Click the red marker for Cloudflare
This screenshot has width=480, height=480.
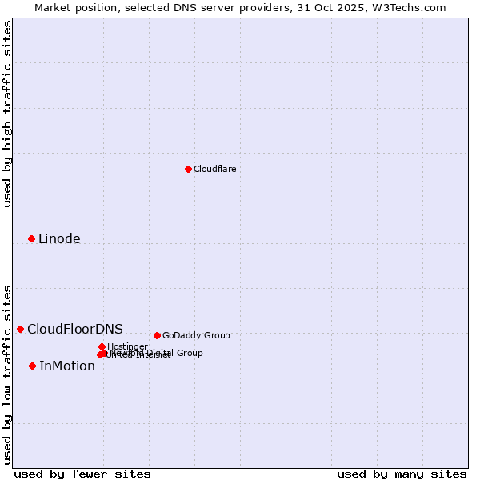188,169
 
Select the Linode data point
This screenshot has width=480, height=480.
31,238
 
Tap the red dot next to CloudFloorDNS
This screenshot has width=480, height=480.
20,329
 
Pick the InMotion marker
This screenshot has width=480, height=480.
32,366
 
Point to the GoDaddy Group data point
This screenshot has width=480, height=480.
157,335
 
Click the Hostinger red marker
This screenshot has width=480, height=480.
102,346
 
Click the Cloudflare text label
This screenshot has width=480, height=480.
214,169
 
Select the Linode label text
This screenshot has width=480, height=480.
59,238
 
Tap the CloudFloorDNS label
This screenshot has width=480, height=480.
74,329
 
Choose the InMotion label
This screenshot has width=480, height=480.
67,366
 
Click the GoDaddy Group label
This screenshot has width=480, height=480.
196,335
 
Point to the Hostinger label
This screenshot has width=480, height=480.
127,346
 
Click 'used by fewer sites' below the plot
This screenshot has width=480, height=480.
82,474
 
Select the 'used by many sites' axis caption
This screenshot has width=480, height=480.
402,474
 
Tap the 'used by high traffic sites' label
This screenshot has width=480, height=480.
7,114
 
